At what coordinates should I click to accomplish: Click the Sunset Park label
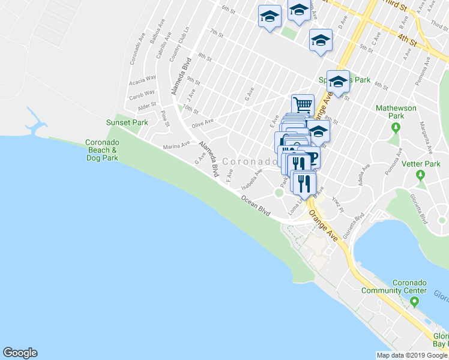point(127,122)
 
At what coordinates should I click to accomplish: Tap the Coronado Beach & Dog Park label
point(101,150)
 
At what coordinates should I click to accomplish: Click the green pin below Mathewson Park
point(396,127)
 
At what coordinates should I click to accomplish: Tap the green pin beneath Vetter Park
point(421,175)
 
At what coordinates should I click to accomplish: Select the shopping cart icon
point(303,104)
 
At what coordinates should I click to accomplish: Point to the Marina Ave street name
point(176,145)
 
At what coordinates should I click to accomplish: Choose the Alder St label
point(147,106)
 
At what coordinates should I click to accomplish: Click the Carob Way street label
point(142,94)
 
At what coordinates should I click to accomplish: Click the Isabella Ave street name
point(252,178)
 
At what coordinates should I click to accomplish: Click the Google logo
point(20,353)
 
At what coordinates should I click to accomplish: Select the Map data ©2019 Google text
point(412,355)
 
